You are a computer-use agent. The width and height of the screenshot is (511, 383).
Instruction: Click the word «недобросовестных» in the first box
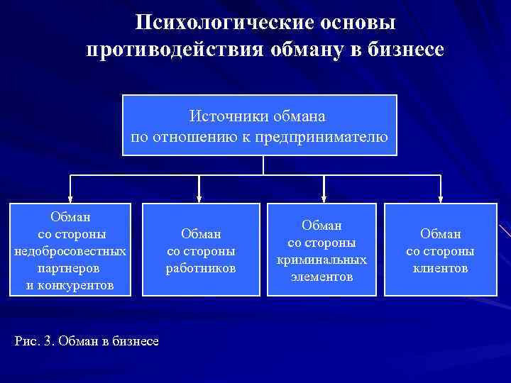coord(70,251)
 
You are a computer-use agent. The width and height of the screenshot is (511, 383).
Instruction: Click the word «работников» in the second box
coord(201,268)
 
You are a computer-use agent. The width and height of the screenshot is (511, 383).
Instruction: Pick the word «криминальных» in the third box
coord(322,260)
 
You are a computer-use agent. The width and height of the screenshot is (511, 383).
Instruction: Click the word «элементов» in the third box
coord(322,277)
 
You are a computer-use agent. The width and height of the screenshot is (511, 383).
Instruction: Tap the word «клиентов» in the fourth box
coord(440,268)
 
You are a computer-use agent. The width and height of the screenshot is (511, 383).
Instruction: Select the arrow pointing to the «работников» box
coord(199,189)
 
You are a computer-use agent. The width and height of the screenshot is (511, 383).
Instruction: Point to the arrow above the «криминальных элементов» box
coord(324,189)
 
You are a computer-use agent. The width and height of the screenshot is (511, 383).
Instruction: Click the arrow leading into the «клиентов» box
coord(440,189)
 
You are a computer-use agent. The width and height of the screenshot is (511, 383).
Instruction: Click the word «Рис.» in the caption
coord(26,341)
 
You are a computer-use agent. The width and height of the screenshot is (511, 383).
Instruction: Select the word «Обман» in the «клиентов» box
coord(440,233)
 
